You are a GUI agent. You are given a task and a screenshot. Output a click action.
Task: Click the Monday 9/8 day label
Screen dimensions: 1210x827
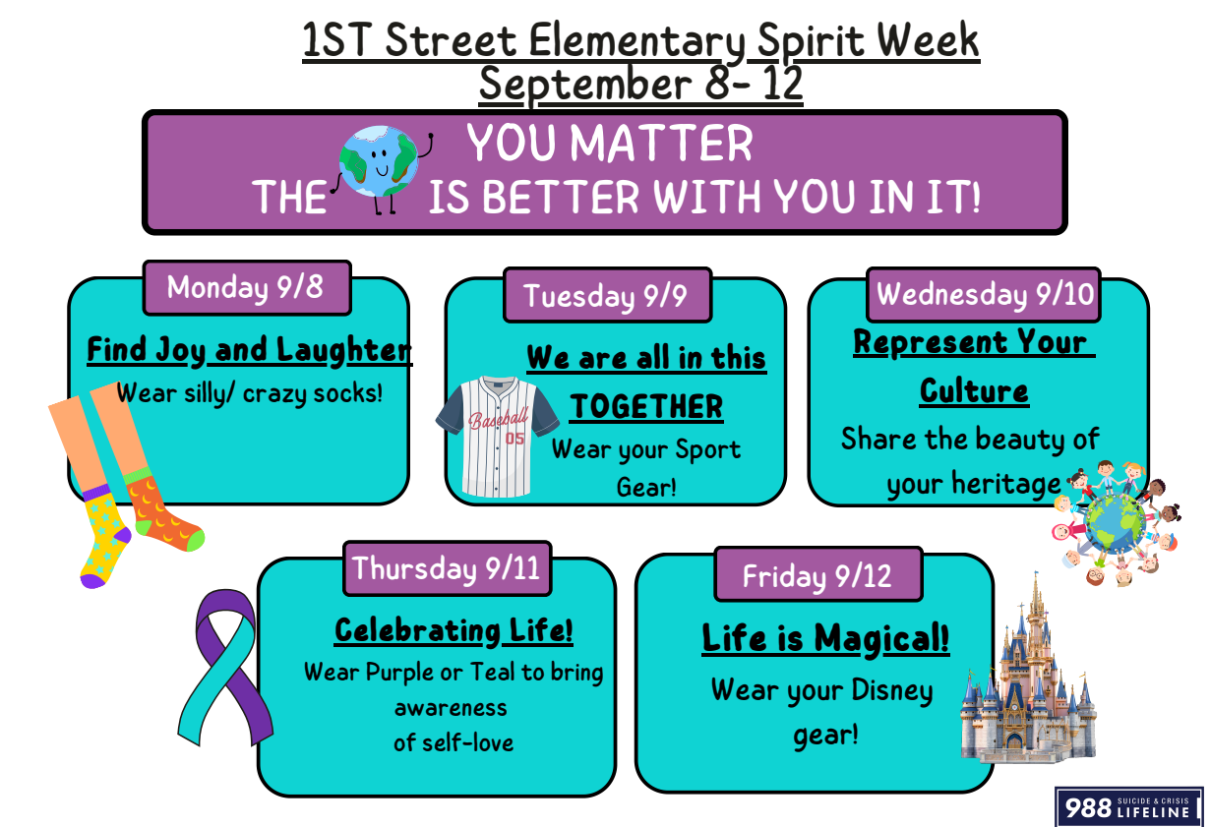pos(247,288)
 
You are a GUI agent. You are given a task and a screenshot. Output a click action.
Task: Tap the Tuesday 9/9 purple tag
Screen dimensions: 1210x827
pos(607,295)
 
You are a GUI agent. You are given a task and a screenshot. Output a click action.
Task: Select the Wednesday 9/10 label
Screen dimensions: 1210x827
pos(984,295)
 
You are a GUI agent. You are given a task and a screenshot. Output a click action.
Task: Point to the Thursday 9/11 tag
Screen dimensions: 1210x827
pos(448,568)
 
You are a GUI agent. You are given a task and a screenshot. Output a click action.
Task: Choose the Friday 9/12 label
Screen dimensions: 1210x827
pos(817,574)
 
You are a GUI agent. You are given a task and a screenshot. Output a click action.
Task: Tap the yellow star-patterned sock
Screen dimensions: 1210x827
pos(104,534)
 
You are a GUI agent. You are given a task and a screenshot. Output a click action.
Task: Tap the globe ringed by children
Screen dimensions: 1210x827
pos(1116,523)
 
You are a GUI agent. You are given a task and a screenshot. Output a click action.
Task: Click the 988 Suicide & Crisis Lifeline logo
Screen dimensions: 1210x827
pos(1128,806)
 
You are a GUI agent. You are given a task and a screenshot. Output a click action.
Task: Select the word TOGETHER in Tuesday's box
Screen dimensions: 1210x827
pos(646,406)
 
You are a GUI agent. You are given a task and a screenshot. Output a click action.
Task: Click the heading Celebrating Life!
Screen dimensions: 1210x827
pos(454,630)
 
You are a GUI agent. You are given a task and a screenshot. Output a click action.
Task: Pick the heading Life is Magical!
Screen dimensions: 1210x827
pos(825,638)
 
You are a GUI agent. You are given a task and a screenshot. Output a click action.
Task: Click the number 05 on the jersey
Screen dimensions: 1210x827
pos(514,438)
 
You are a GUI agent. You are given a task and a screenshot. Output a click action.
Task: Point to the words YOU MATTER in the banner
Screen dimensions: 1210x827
pos(609,143)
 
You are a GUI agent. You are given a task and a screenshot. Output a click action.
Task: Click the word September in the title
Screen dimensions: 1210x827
pos(585,85)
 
